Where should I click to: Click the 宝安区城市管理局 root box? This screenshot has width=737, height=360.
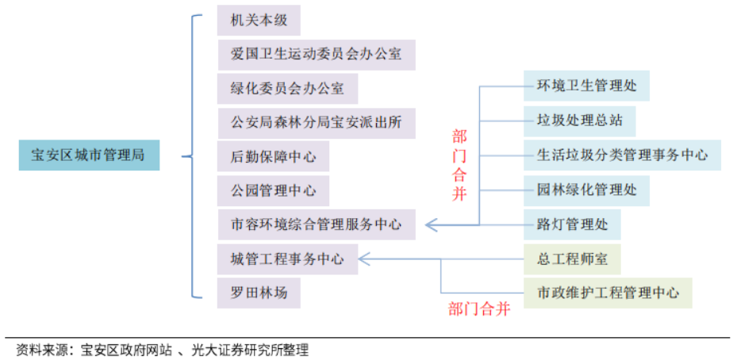(x=88, y=155)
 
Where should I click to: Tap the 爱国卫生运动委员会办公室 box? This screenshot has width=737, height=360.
(x=316, y=55)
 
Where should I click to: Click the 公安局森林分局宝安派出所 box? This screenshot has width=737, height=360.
(x=316, y=123)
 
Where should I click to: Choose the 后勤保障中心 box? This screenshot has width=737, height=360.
(x=273, y=157)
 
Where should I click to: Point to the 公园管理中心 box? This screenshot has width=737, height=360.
(x=273, y=191)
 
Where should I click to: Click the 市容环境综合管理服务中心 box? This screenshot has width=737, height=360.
(x=316, y=224)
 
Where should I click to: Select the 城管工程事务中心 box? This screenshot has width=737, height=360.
(x=287, y=259)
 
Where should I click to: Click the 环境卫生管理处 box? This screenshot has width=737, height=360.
(x=586, y=86)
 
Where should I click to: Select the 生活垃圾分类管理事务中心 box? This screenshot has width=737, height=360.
(x=622, y=155)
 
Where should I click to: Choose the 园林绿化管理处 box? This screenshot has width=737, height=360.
(x=586, y=190)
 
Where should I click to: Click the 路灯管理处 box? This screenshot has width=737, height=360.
(x=572, y=224)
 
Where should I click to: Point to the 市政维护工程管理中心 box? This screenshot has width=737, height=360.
(x=608, y=293)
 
